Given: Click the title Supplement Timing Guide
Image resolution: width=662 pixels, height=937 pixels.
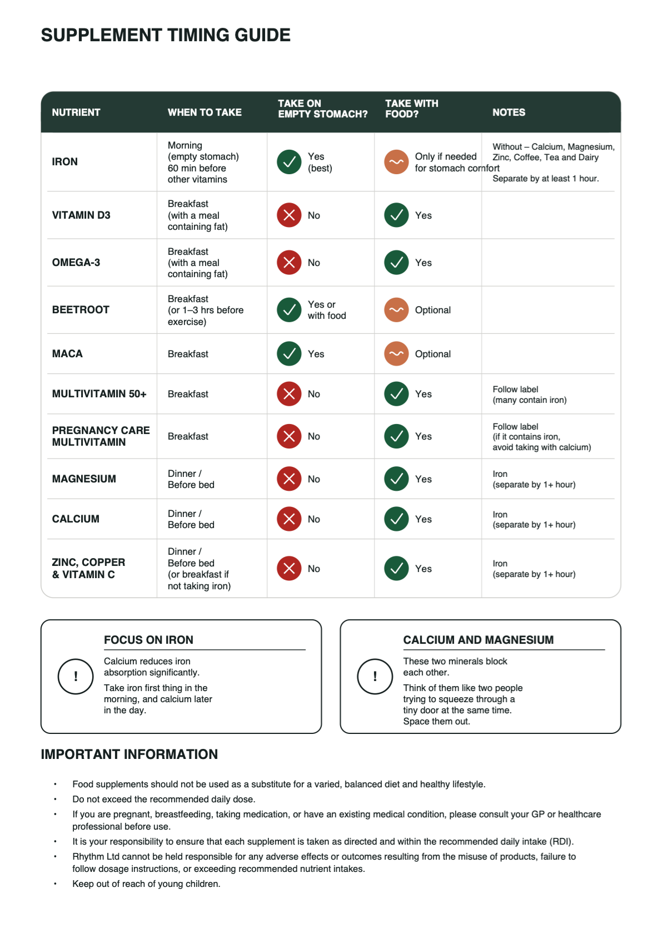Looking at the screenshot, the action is tap(166, 35).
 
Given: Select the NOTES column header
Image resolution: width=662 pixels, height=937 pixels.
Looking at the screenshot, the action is tap(509, 112).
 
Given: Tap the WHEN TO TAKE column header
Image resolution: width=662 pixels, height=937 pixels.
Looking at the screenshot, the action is tap(205, 112).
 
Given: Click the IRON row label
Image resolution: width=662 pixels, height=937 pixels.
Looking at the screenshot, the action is tap(65, 161).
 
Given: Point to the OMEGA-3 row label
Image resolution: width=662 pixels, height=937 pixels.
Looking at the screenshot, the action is tap(76, 262).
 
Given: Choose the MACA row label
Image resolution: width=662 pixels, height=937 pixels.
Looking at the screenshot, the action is tap(67, 353).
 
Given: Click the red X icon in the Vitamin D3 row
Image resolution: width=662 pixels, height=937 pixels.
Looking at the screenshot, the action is tap(289, 215).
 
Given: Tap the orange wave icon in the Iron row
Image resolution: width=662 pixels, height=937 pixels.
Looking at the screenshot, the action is tap(396, 162).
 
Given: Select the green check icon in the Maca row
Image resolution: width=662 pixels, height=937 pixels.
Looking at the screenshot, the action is tap(289, 353).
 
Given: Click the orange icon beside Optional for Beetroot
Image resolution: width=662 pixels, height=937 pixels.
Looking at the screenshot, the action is tap(396, 309).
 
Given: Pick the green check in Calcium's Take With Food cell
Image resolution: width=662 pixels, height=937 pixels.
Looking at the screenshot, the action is tap(396, 519).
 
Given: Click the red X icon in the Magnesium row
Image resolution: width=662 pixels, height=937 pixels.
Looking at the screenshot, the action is tap(289, 479).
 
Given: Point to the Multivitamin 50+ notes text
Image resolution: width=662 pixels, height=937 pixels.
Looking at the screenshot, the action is tap(530, 394).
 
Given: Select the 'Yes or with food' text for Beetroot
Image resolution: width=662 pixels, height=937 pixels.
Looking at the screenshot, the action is tap(327, 310).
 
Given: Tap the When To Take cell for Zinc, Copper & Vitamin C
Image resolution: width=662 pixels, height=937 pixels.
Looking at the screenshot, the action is tap(199, 569).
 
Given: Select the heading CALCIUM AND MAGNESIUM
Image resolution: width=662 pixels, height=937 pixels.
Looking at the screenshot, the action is tap(478, 639).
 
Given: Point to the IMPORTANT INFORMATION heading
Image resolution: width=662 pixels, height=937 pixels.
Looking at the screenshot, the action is tap(129, 754).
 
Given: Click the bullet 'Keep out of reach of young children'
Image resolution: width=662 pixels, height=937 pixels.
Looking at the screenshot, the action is tap(146, 884).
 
